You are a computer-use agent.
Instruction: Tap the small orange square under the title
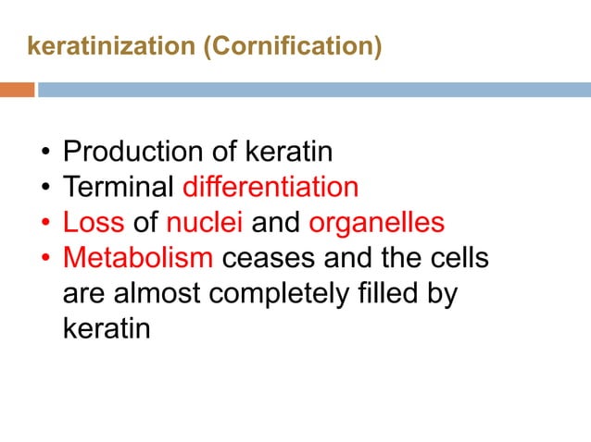coord(17,90)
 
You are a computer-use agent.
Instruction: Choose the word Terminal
coord(118,187)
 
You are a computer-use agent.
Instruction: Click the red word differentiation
coord(270,187)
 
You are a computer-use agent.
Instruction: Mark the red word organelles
coord(376,223)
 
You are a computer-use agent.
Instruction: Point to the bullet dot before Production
coord(45,152)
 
